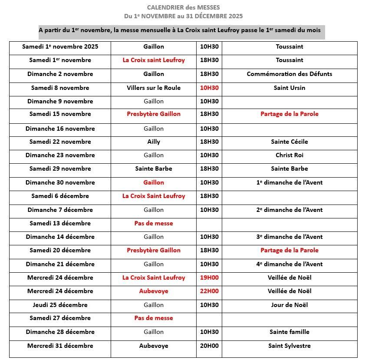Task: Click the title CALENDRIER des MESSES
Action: point(183,7)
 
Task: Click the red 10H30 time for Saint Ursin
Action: point(209,88)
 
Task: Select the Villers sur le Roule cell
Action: point(154,88)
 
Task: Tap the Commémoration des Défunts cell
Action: point(289,74)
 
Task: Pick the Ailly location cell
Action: point(154,142)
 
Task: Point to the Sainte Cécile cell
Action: point(289,142)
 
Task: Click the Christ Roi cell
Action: point(289,155)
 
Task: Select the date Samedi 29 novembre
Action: point(60,168)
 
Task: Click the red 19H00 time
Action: point(209,277)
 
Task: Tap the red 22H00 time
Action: point(209,291)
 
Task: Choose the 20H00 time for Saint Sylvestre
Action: point(209,346)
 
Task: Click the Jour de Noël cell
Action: point(289,305)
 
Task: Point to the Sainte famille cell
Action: point(289,332)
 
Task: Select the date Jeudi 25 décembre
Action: point(60,305)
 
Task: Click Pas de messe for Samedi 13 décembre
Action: point(154,223)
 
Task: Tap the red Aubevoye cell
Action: point(154,291)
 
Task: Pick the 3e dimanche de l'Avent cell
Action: point(289,237)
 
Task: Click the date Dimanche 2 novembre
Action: point(60,74)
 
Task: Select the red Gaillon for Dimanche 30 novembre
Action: point(154,182)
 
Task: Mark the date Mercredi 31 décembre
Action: point(60,346)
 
